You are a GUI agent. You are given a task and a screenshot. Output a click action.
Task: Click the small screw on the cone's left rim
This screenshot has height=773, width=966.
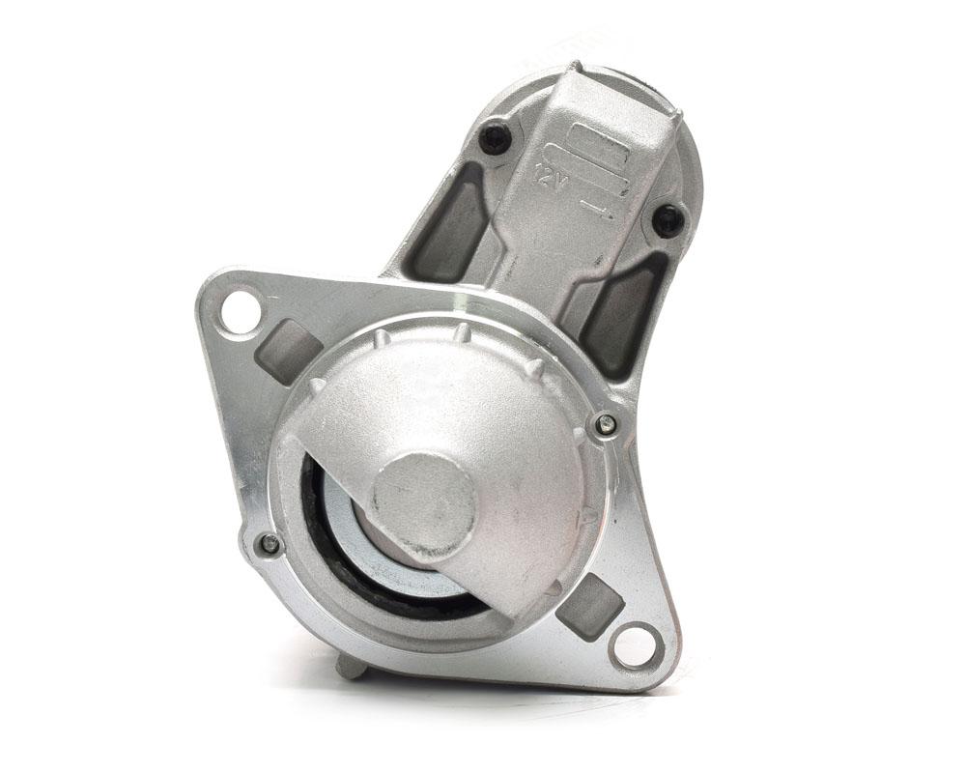point(270,542)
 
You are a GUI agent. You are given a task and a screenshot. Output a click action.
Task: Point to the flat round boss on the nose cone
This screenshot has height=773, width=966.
point(425,504)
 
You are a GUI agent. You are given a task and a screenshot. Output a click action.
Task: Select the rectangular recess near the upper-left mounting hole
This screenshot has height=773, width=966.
point(288,349)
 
